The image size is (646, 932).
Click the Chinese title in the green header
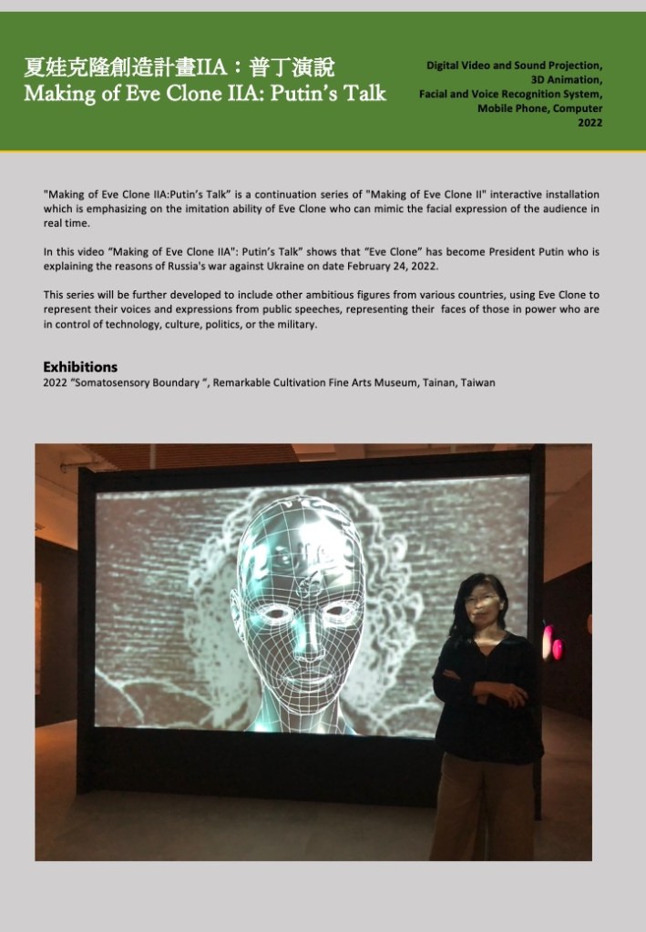click(180, 67)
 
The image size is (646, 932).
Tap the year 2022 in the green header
click(590, 122)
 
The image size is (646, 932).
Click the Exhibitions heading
click(80, 367)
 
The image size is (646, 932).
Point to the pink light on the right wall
click(549, 643)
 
